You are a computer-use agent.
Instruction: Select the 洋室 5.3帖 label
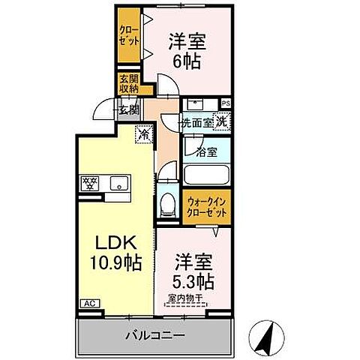[193, 273]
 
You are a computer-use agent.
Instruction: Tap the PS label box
[226, 102]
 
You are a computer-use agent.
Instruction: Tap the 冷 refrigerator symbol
[142, 136]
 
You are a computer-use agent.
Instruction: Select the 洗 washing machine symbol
[222, 120]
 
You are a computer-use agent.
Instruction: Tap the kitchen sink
[119, 182]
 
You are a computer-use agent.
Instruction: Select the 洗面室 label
[196, 121]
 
